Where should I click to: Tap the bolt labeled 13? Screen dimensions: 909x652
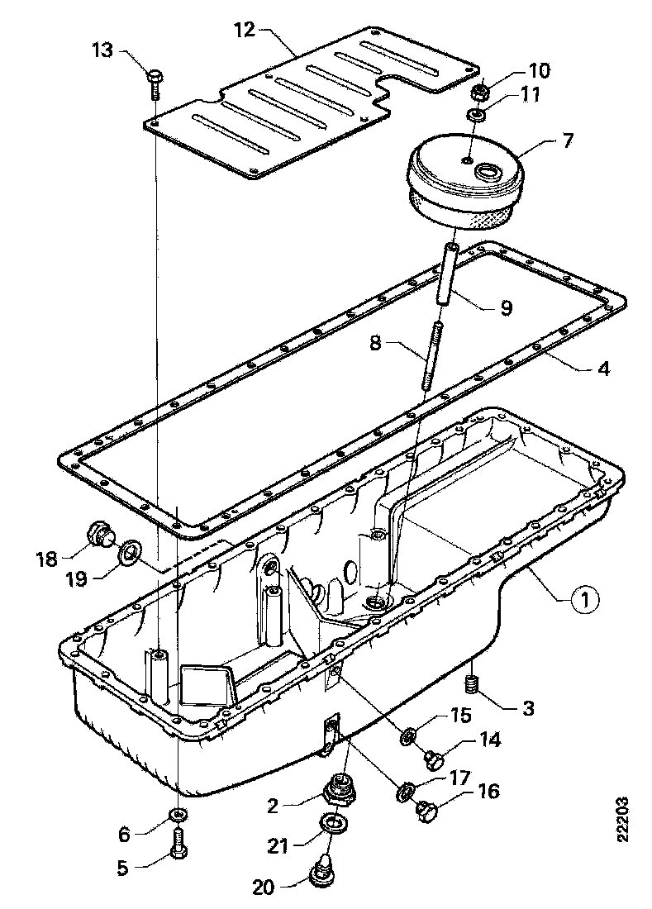coord(156,83)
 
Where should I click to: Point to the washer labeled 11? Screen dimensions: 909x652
coord(477,114)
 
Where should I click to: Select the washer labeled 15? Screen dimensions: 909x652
coord(408,733)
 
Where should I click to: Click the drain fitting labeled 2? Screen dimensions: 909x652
coord(340,791)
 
